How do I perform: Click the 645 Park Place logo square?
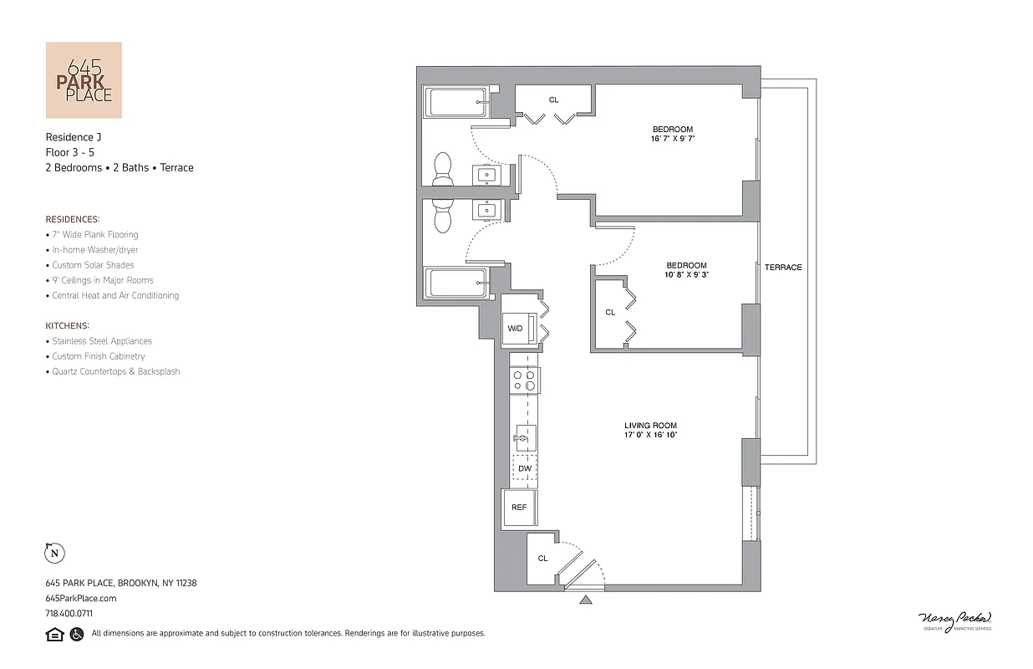pyautogui.click(x=83, y=80)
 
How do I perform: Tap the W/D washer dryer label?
pyautogui.click(x=515, y=329)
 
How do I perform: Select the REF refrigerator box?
pyautogui.click(x=519, y=508)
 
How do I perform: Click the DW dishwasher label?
pyautogui.click(x=524, y=468)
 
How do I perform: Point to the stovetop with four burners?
pyautogui.click(x=524, y=381)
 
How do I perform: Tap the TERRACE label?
pyautogui.click(x=782, y=268)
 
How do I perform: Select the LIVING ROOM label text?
pyautogui.click(x=649, y=426)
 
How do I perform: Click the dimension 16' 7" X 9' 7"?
pyautogui.click(x=674, y=139)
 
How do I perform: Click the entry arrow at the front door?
pyautogui.click(x=585, y=599)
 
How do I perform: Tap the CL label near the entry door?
pyautogui.click(x=542, y=559)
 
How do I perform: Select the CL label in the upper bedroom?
pyautogui.click(x=553, y=100)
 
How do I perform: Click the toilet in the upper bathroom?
pyautogui.click(x=441, y=170)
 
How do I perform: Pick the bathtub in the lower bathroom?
pyautogui.click(x=455, y=283)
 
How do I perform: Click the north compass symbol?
pyautogui.click(x=54, y=553)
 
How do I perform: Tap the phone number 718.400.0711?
pyautogui.click(x=69, y=613)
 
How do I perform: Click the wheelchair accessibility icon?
pyautogui.click(x=77, y=634)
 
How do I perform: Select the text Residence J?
pyautogui.click(x=73, y=136)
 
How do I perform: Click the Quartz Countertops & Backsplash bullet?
pyautogui.click(x=115, y=371)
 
